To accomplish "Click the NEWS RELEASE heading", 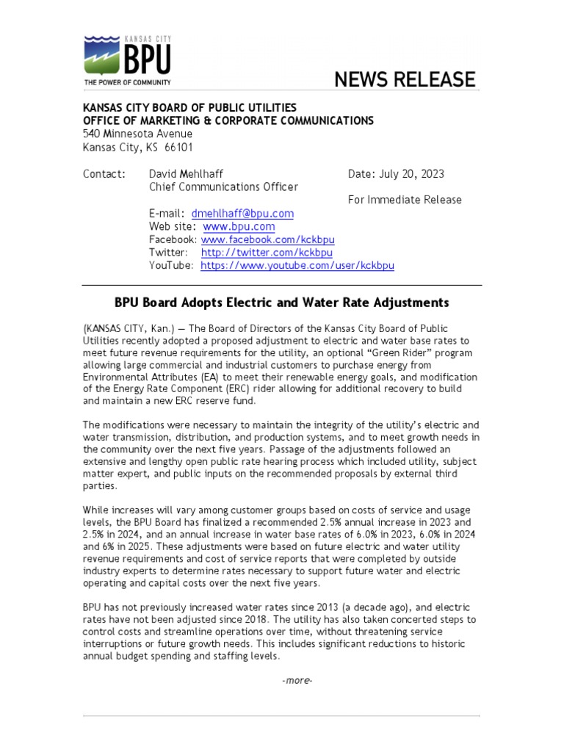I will tap(405, 79).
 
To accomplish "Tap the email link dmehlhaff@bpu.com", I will tap(242, 213).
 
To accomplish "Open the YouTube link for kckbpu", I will tap(297, 266).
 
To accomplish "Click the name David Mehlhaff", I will tap(187, 174).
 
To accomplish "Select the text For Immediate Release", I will tap(405, 200).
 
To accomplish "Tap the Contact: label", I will tap(104, 174).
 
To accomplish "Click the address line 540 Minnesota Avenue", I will tap(137, 134).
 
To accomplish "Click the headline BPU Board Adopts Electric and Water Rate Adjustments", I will tap(281, 303).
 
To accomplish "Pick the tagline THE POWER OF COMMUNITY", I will tap(127, 82).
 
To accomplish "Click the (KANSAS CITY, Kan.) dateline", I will tap(123, 328).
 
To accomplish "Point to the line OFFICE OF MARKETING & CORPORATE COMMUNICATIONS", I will tap(228, 120).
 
